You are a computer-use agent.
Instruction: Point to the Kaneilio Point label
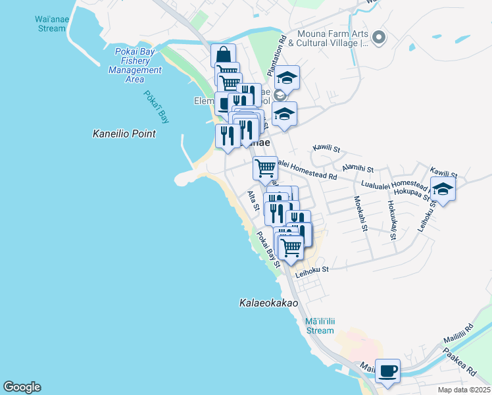124,134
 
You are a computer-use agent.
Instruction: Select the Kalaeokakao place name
268,303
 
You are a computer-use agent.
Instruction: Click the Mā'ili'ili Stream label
320,326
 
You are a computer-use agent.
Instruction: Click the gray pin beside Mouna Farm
378,38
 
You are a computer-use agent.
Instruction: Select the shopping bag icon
223,54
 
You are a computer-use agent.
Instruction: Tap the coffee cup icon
387,371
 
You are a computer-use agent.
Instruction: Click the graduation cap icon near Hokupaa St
443,189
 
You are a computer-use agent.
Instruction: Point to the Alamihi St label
357,169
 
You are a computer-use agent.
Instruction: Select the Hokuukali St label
393,218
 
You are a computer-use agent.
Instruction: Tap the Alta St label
252,201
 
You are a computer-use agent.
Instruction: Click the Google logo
22,387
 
